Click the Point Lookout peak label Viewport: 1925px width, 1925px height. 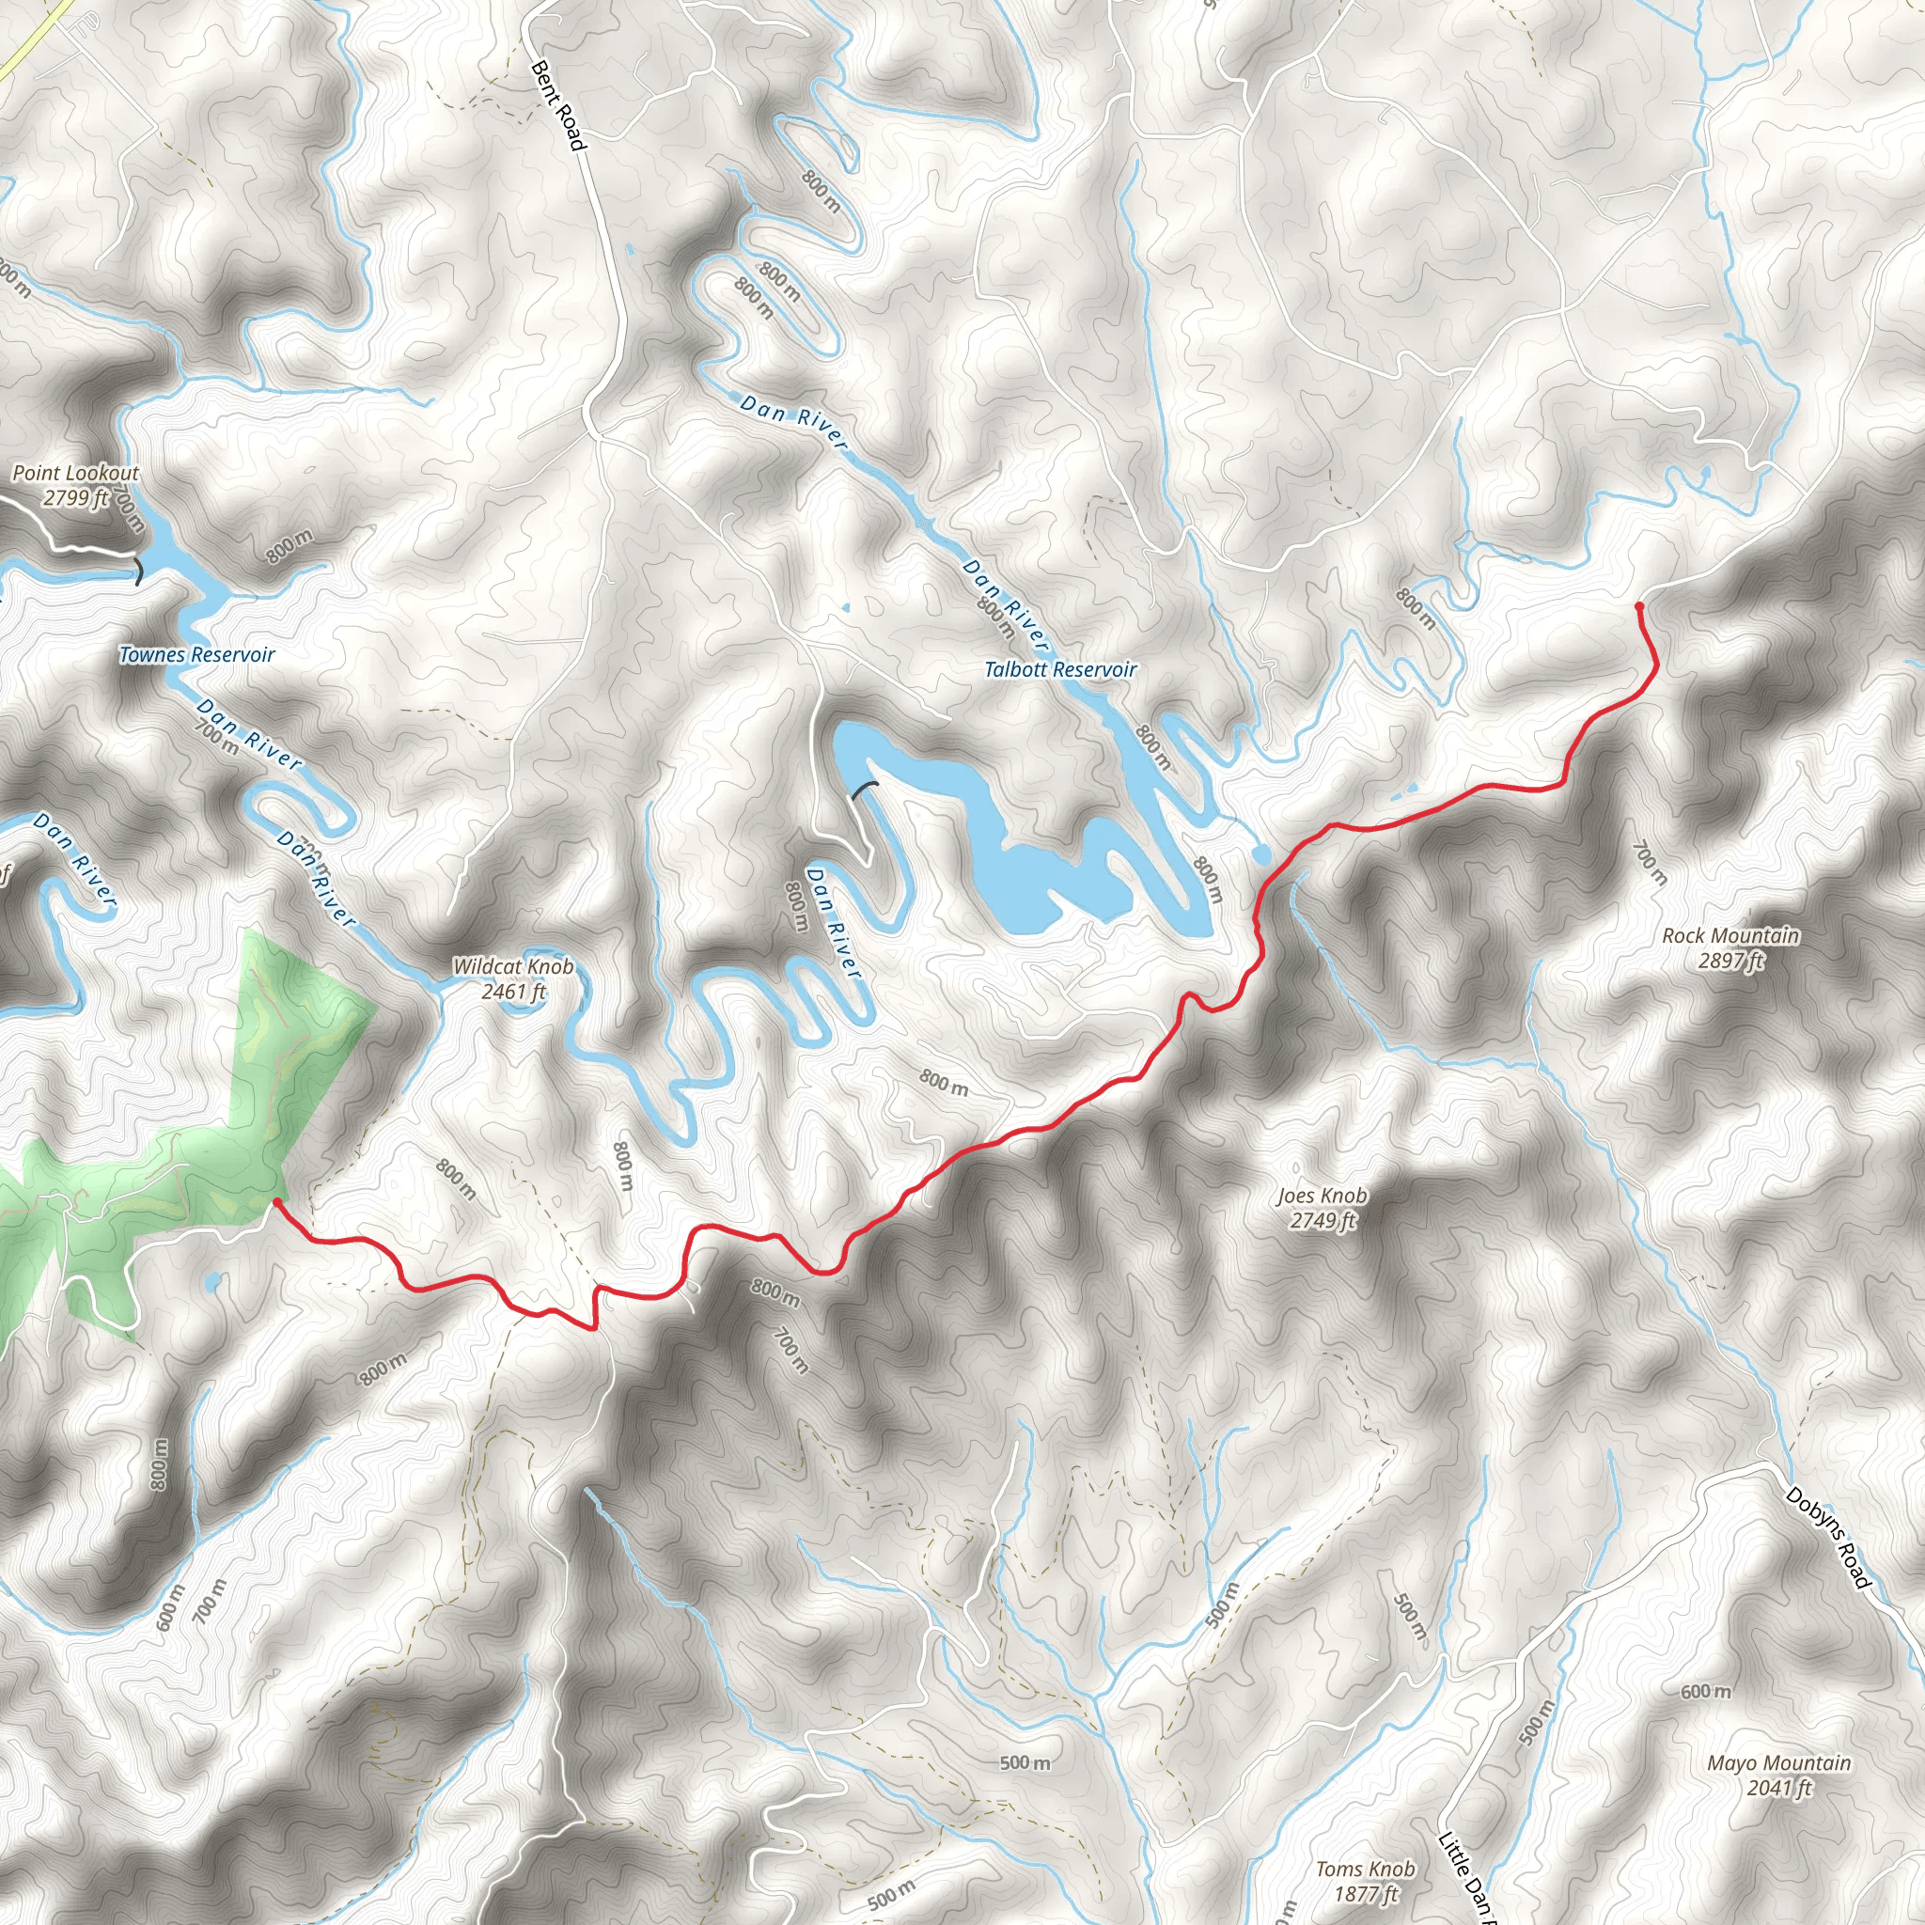(x=76, y=474)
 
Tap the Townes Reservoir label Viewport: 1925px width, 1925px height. (x=196, y=654)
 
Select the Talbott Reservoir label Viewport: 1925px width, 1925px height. (x=1059, y=669)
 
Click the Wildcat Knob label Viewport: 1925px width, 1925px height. (x=513, y=966)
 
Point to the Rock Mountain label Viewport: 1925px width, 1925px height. (x=1730, y=935)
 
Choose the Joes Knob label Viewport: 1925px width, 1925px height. (x=1322, y=1196)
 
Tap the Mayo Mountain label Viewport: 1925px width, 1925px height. (x=1778, y=1763)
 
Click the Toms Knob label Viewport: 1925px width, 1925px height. (x=1365, y=1870)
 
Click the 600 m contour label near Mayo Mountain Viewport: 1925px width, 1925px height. (x=1705, y=1692)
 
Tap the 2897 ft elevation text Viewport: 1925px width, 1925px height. (x=1730, y=961)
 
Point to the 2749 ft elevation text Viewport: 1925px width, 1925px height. (x=1323, y=1221)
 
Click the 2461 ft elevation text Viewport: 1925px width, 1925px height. (x=513, y=992)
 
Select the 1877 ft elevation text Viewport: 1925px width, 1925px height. (x=1366, y=1894)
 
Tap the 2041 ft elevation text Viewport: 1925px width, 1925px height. (x=1778, y=1789)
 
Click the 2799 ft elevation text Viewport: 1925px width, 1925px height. (x=76, y=497)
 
